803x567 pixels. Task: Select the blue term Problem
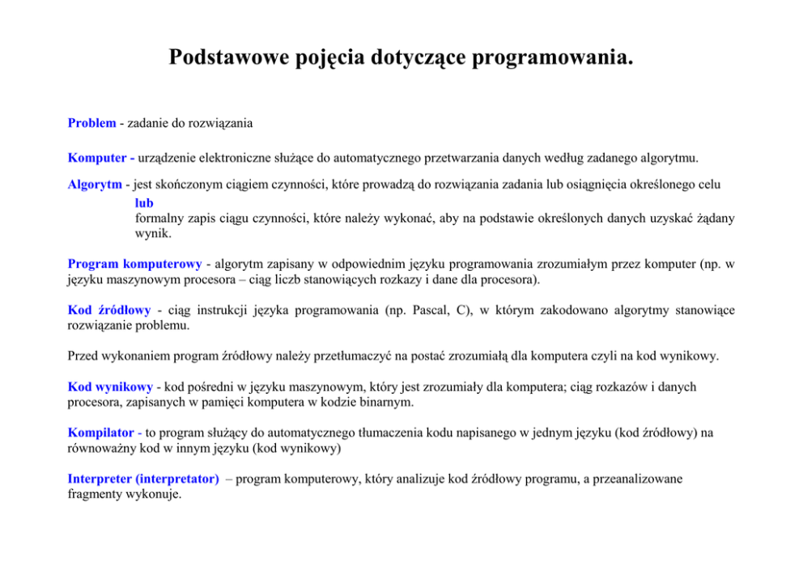(x=91, y=124)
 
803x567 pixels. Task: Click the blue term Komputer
(x=98, y=157)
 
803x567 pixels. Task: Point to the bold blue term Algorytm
(x=94, y=184)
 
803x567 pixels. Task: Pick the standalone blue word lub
(x=144, y=203)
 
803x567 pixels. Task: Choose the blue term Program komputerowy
(x=134, y=264)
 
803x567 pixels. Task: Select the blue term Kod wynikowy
(x=113, y=387)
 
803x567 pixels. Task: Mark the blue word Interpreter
(x=100, y=479)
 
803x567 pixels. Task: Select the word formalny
(x=158, y=218)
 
